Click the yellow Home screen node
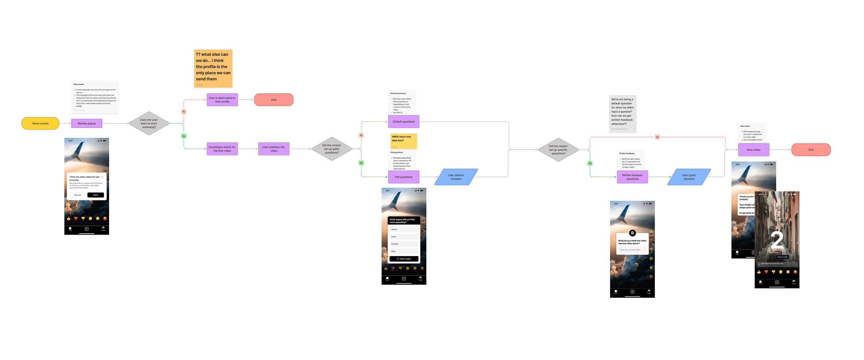(x=40, y=123)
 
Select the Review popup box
(x=87, y=123)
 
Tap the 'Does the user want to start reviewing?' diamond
(x=149, y=123)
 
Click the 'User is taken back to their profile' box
(x=222, y=100)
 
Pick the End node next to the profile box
(x=274, y=100)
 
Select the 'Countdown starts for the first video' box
(x=222, y=149)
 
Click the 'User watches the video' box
(x=274, y=149)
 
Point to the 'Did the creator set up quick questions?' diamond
(x=332, y=149)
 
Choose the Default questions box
(x=404, y=122)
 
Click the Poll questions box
(x=404, y=177)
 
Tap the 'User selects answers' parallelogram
(x=456, y=177)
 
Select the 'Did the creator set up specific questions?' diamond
(x=558, y=150)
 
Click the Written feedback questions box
(x=632, y=177)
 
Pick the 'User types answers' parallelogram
(x=689, y=177)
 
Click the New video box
(x=753, y=150)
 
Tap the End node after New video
(x=811, y=150)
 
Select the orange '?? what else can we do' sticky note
(x=213, y=68)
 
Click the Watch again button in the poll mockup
(x=404, y=259)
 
